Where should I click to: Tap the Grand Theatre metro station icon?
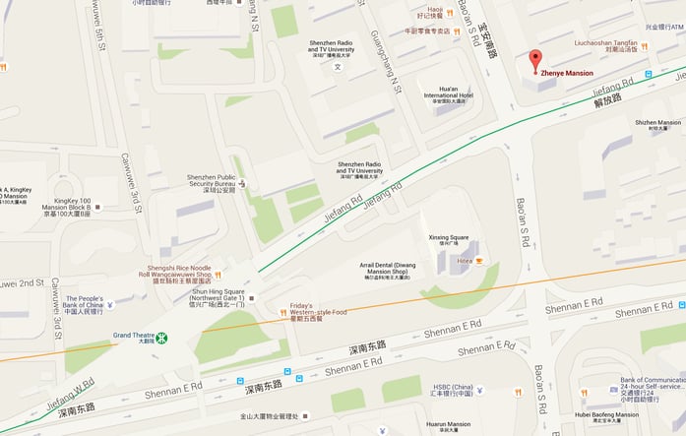(161, 338)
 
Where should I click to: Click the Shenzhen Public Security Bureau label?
(211, 182)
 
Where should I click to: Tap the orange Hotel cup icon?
(479, 261)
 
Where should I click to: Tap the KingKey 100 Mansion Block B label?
(67, 207)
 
